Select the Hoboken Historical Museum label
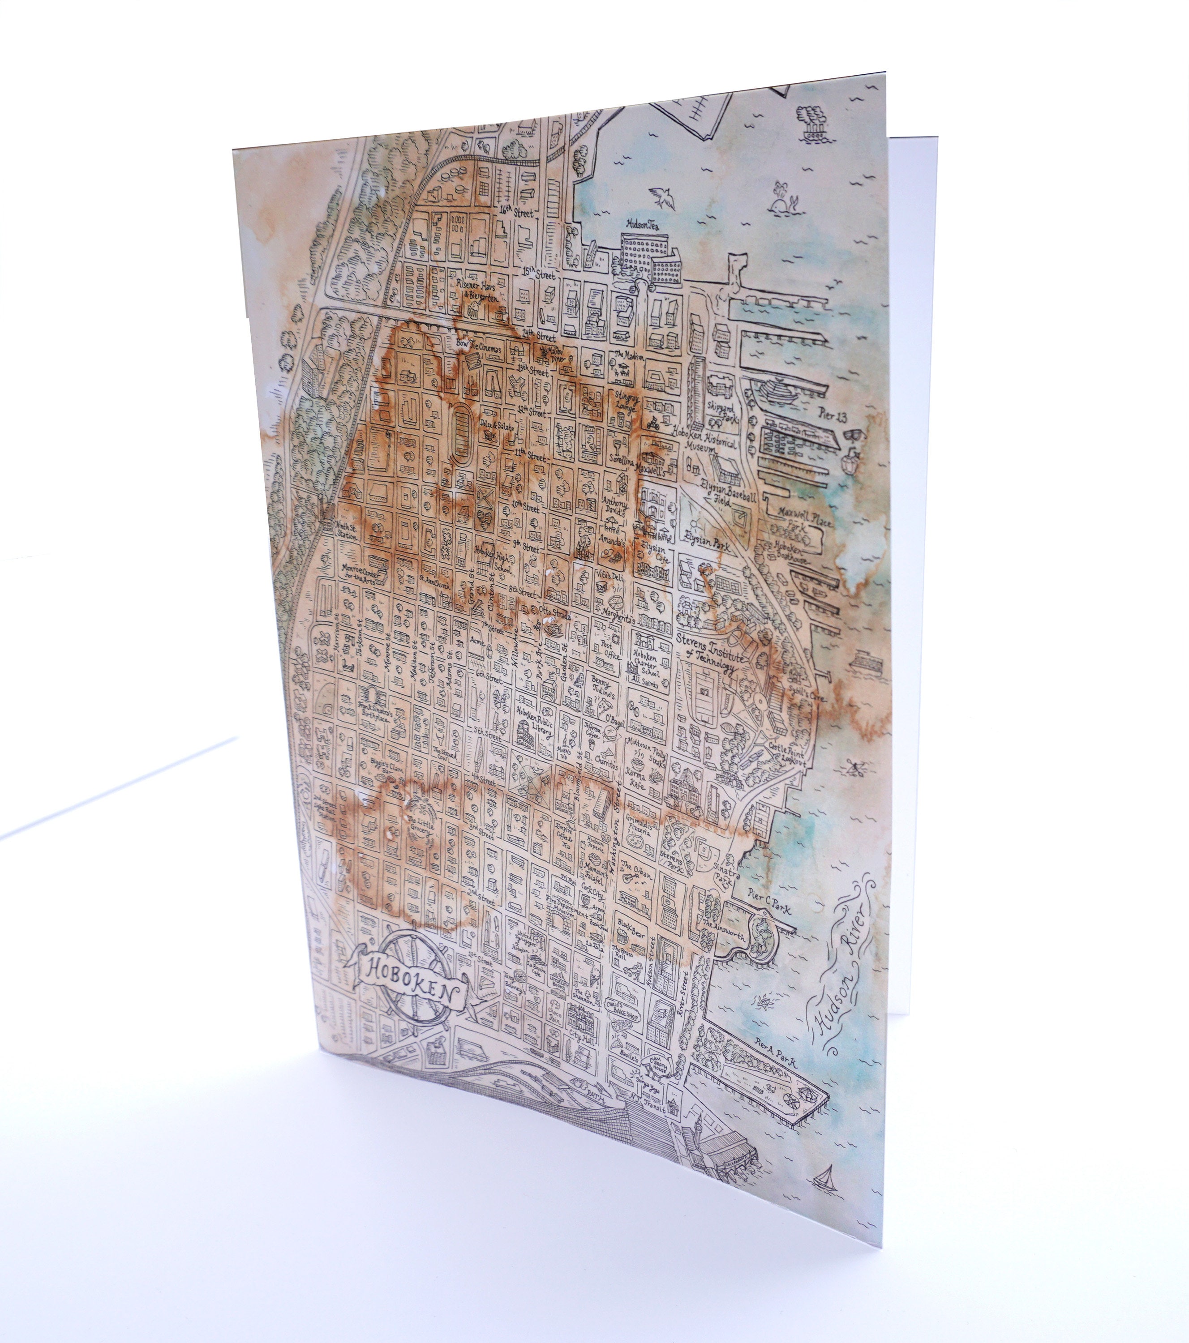tap(707, 439)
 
